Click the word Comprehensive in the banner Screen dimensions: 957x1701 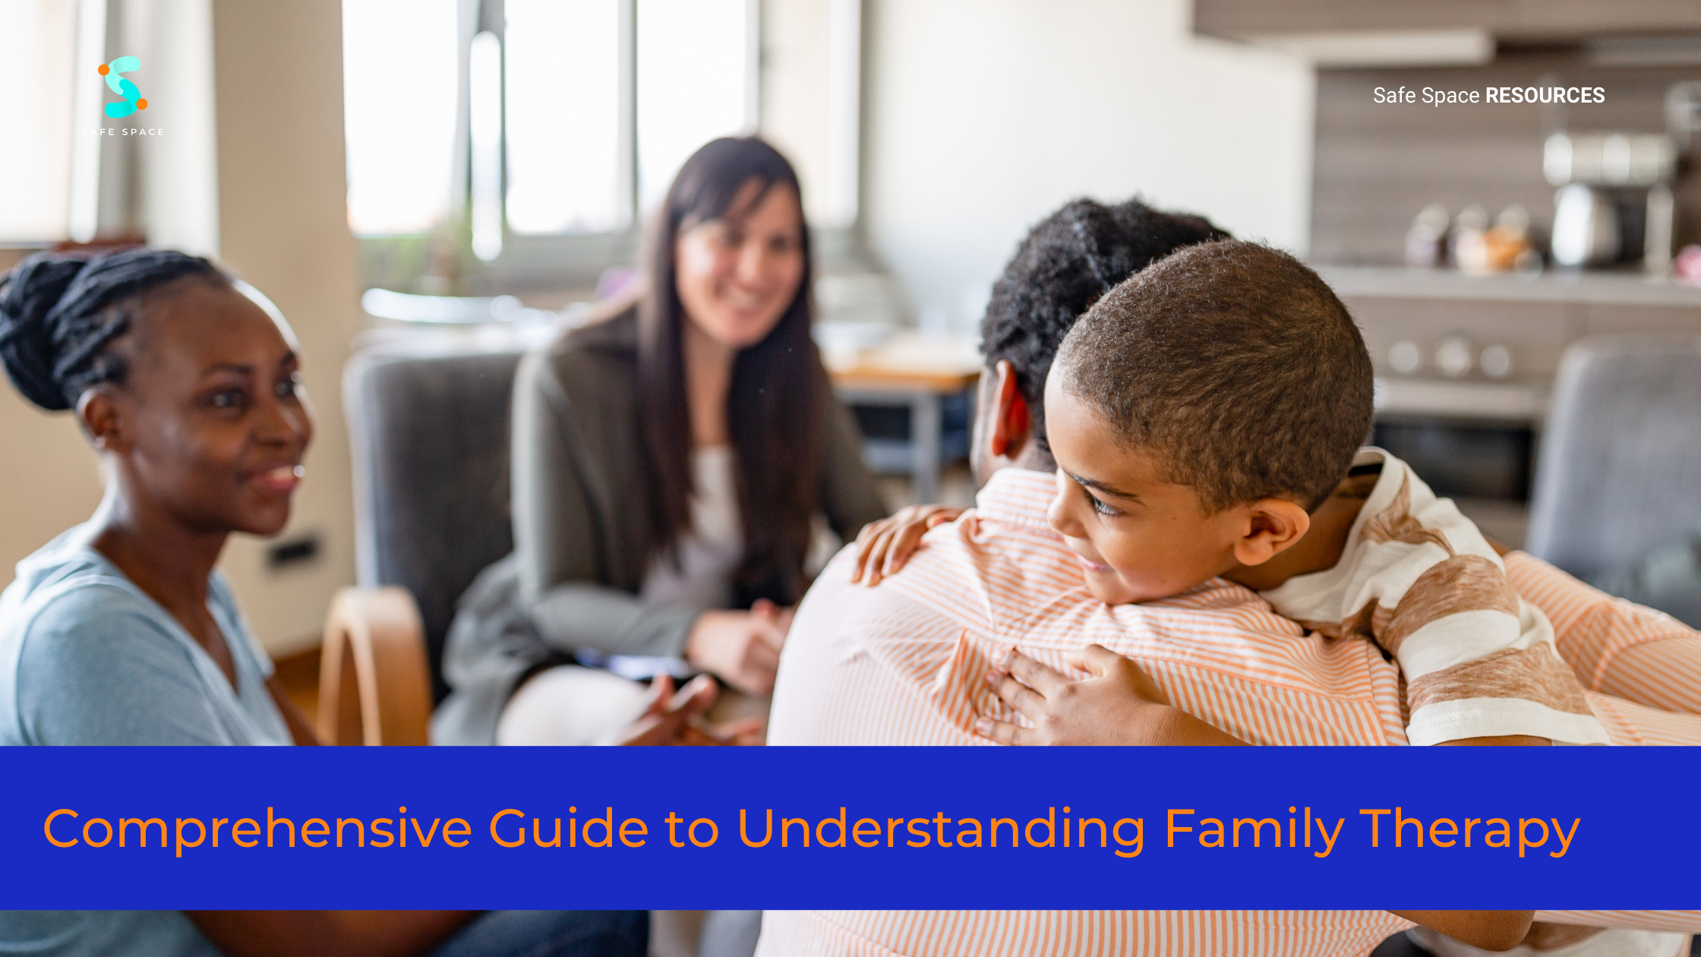pos(257,829)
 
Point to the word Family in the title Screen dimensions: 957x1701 pos(1253,829)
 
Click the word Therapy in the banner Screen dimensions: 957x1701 pos(1469,829)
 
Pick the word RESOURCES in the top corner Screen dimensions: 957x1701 pos(1545,96)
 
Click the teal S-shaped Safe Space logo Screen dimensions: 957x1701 pos(123,87)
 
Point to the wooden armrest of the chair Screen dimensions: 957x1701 pos(372,661)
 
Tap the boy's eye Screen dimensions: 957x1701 pos(1101,505)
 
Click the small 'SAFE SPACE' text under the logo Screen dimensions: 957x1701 pos(123,132)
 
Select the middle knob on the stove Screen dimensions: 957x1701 pos(1453,357)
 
